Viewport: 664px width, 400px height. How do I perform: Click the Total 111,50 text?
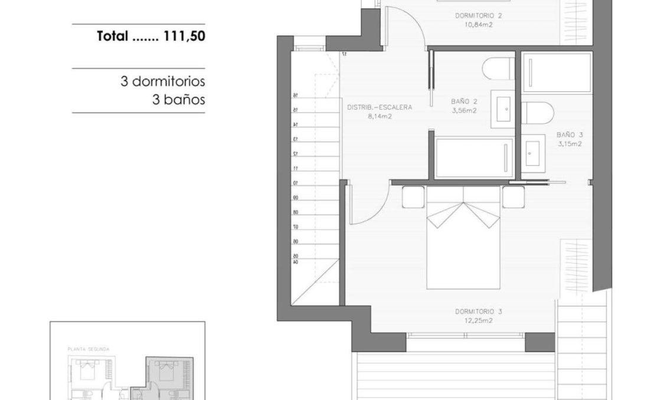(x=151, y=37)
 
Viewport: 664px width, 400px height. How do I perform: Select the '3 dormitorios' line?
(x=162, y=82)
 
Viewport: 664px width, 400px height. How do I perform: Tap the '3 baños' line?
(x=178, y=100)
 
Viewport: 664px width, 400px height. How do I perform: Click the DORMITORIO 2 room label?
(x=479, y=16)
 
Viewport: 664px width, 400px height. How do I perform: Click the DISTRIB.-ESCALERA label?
(x=380, y=107)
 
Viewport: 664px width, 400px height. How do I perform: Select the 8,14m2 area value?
(x=380, y=117)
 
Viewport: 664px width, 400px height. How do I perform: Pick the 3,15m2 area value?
(x=569, y=143)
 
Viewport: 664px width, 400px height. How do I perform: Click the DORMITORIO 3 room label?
(x=479, y=311)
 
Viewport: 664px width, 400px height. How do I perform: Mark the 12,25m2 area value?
(x=479, y=321)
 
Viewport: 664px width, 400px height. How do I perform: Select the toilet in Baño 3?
(x=537, y=112)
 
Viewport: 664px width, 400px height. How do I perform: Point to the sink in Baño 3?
(x=535, y=152)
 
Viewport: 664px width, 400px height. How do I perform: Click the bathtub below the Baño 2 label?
(x=475, y=157)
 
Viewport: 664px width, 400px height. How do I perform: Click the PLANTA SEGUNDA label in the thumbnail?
(x=88, y=349)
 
